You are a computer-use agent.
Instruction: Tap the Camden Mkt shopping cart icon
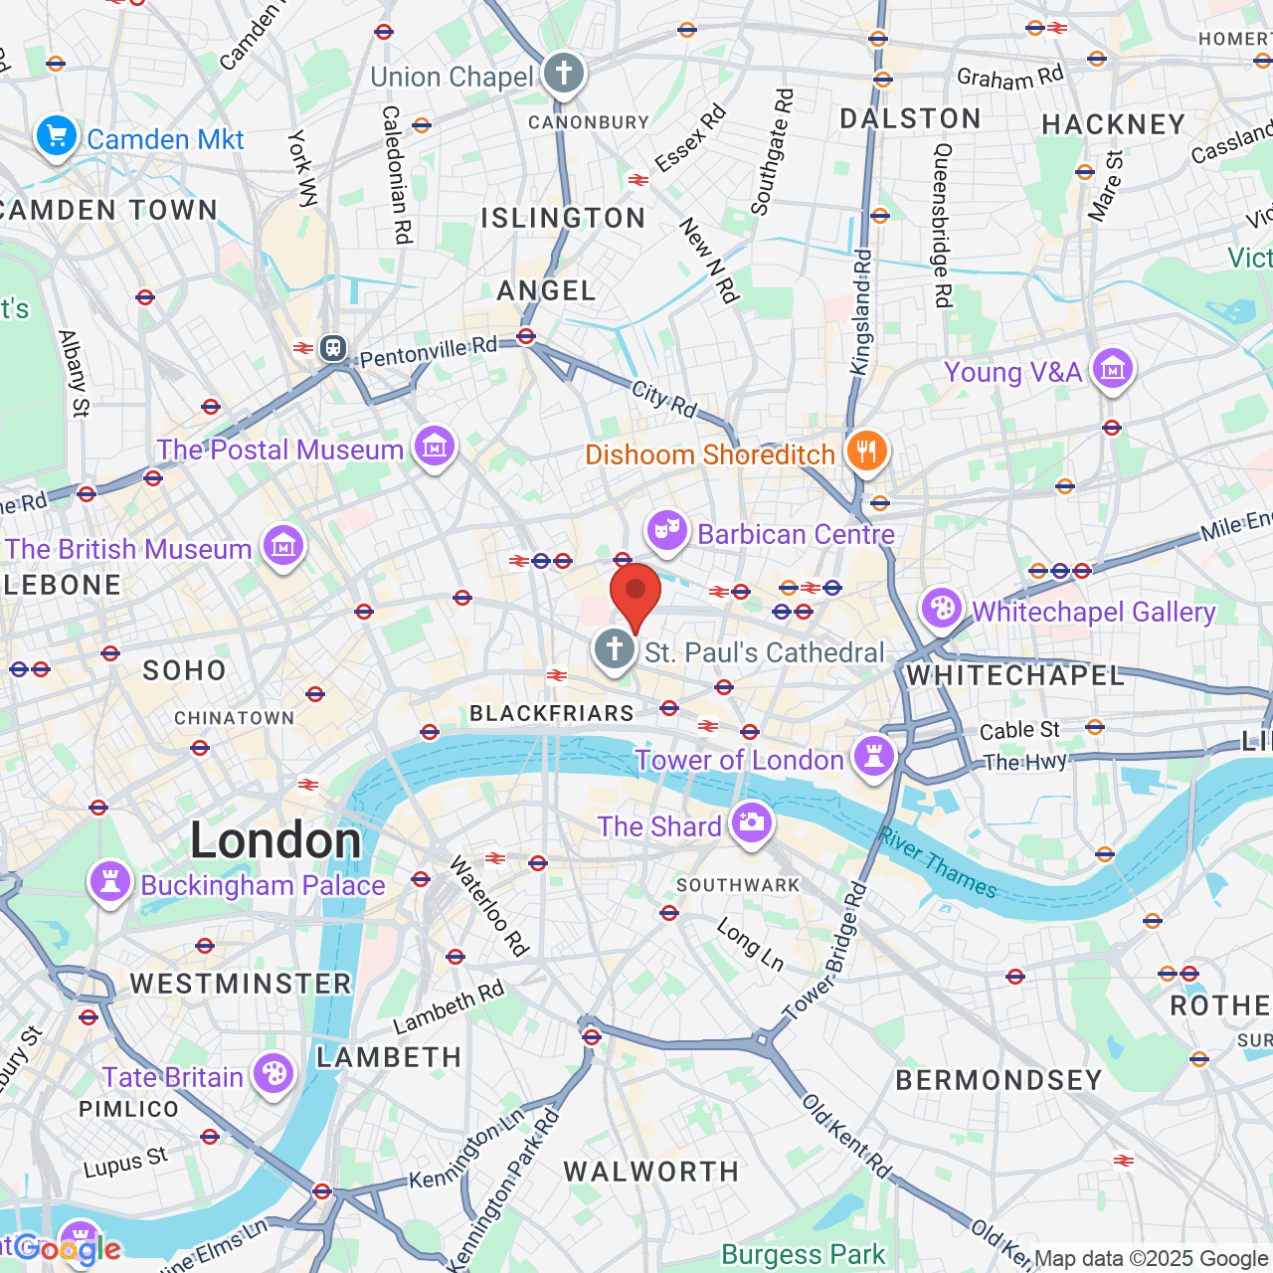point(57,136)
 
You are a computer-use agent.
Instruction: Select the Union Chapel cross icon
point(564,74)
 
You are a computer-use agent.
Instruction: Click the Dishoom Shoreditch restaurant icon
point(866,452)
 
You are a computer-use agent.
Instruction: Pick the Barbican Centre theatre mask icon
point(667,531)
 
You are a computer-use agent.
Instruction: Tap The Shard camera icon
point(752,822)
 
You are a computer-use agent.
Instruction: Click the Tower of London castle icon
point(874,757)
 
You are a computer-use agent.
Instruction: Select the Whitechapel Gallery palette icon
point(942,608)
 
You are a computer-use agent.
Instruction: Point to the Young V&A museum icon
point(1112,370)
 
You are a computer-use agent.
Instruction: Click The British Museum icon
point(283,546)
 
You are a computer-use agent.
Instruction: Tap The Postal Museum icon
point(435,448)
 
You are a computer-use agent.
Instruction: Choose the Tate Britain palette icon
point(273,1074)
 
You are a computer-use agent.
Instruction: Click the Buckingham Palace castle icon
point(110,882)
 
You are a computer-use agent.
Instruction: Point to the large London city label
point(275,840)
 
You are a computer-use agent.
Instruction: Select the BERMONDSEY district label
point(999,1080)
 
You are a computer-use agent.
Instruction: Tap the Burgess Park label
point(803,1254)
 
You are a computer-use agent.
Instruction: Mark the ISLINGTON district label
point(563,218)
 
